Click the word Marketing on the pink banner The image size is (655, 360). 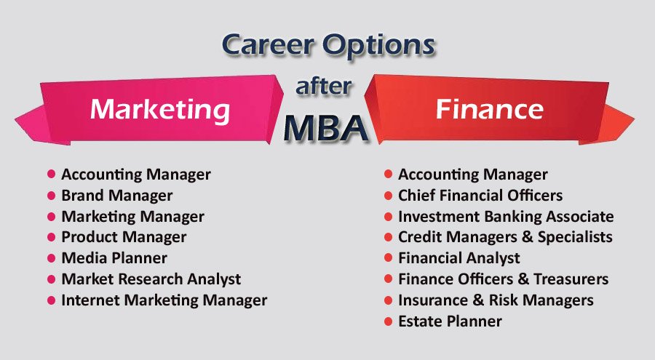point(160,109)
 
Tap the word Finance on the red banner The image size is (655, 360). point(489,109)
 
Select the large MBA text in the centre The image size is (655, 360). point(326,127)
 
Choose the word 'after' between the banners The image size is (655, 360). point(324,86)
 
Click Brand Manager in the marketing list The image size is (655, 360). point(116,196)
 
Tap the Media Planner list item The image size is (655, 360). point(114,258)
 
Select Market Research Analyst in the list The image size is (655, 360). point(151,279)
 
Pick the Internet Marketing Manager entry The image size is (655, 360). point(164,300)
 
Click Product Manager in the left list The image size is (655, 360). point(124,237)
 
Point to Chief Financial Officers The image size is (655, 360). point(480,196)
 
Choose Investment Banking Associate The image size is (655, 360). point(505,217)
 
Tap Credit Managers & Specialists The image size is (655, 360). point(504,237)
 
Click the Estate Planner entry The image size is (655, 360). point(450,321)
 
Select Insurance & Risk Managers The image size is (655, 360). point(496,300)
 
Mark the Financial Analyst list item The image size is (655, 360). point(458,258)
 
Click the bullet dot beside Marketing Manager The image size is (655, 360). point(52,217)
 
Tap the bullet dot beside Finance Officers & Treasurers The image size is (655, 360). point(389,279)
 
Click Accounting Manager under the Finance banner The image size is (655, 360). point(472,175)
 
